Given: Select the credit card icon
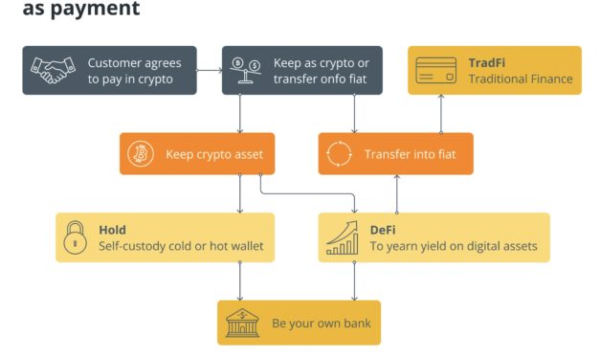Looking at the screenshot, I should pos(437,70).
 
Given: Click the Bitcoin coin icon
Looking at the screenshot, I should pos(142,153).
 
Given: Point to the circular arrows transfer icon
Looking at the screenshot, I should pos(340,153).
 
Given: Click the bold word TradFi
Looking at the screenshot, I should pos(487,63).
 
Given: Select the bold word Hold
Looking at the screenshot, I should pos(112,230).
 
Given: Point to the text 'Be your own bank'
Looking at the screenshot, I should pos(321,324).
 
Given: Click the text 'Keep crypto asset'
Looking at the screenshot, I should pos(214,153).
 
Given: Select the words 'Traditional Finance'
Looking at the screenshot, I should pos(521,79).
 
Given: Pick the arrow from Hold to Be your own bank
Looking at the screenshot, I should pos(239,281).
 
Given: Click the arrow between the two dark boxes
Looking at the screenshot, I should pos(210,70).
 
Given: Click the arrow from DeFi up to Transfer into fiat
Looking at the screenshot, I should pos(396,193).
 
